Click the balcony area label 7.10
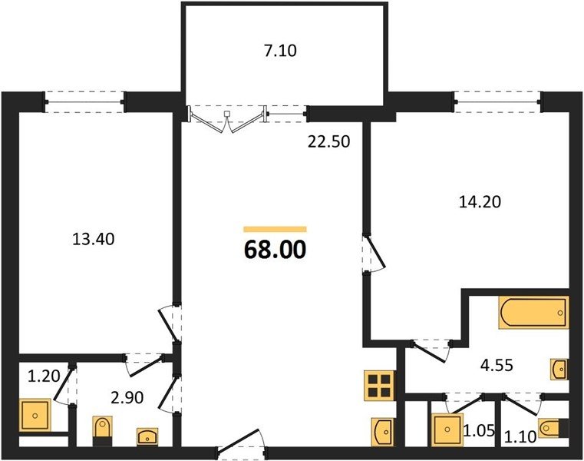(280, 51)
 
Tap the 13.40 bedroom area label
(93, 239)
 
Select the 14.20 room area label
(480, 202)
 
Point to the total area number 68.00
(275, 250)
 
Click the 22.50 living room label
(329, 141)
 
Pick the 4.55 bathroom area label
(497, 366)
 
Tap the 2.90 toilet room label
(127, 397)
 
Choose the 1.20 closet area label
(44, 376)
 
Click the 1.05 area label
(479, 431)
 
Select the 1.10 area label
(520, 436)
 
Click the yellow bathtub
(534, 313)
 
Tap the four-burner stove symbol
(380, 386)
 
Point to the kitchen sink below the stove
(383, 432)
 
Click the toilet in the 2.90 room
(101, 432)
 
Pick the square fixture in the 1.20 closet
(35, 415)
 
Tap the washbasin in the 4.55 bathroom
(560, 369)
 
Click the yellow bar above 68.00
(275, 229)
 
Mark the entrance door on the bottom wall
(241, 443)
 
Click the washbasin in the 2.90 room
(147, 436)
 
